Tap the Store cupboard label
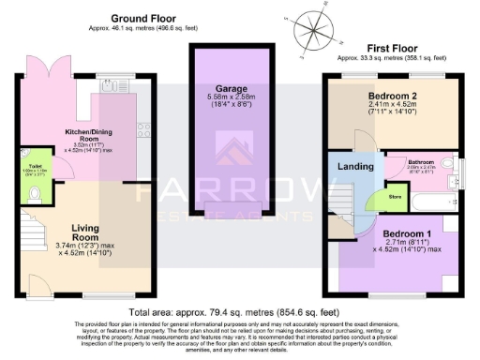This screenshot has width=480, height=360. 395,196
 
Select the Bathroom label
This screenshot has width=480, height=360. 420,161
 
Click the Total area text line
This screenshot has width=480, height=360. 239,310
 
